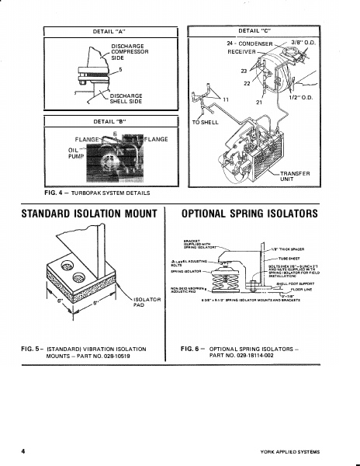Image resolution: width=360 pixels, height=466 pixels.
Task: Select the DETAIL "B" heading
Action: click(x=109, y=122)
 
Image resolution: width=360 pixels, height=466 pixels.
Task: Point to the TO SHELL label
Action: click(x=204, y=123)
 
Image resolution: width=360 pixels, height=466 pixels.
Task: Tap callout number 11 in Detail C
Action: click(x=227, y=100)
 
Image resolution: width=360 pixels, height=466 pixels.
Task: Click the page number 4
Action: click(x=24, y=451)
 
